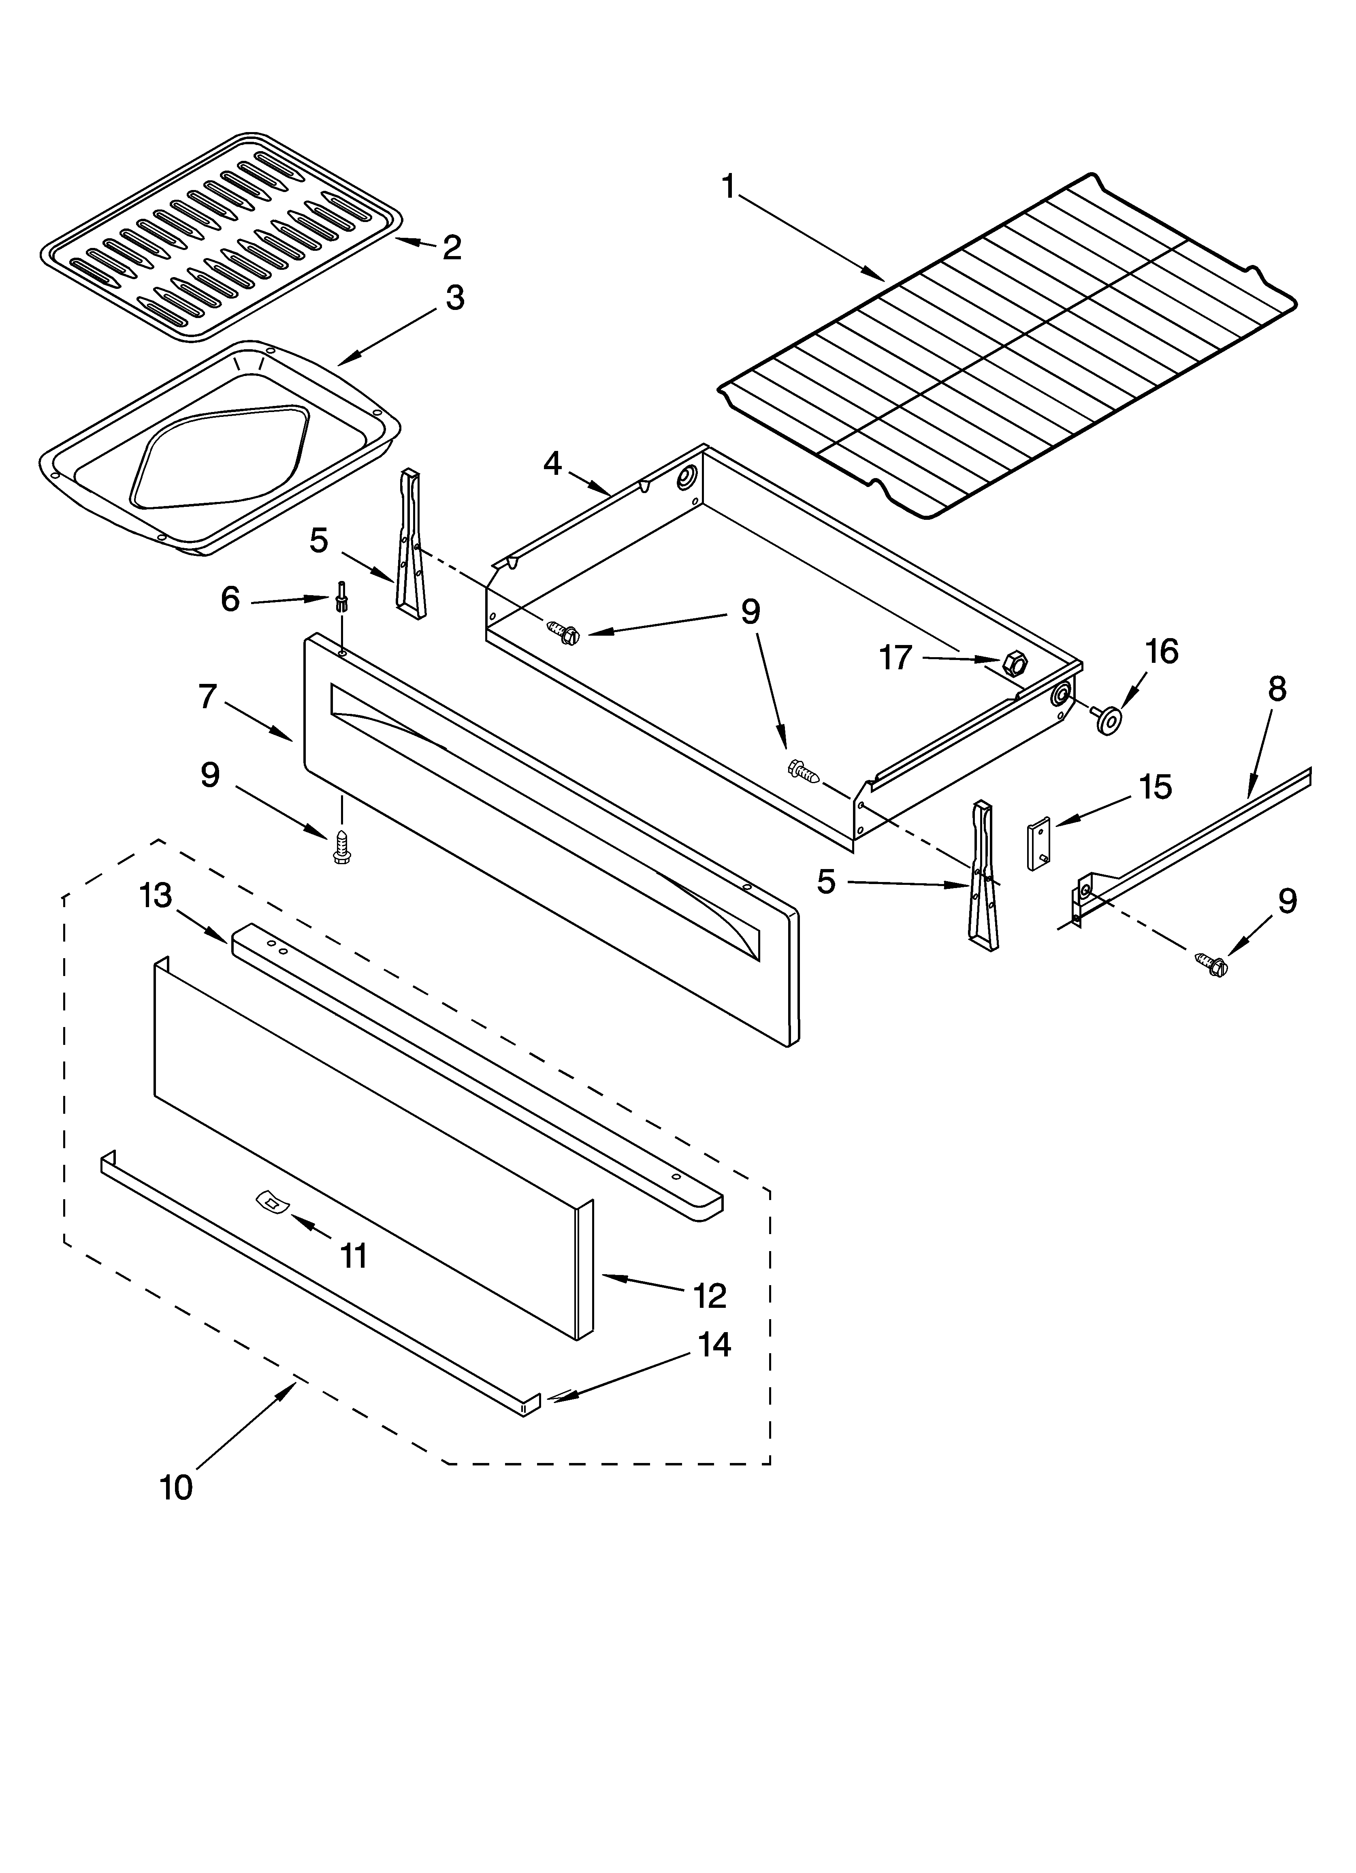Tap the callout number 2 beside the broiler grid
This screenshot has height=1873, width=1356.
(x=452, y=247)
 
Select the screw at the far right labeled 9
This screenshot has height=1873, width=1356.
(x=1211, y=961)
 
